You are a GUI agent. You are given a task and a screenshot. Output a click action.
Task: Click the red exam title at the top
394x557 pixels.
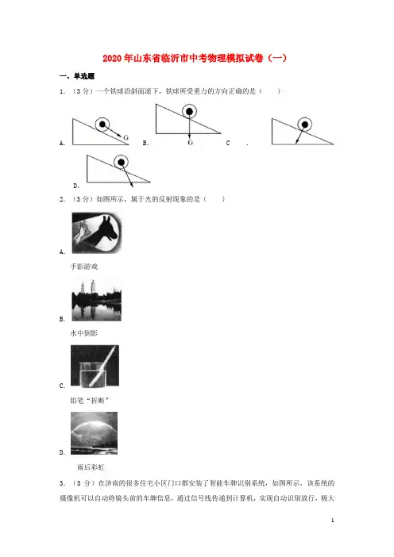[x=195, y=58]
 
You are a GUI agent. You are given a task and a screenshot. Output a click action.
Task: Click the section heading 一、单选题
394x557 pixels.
[x=77, y=76]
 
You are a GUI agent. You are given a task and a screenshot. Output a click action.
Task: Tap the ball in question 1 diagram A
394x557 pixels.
[x=102, y=125]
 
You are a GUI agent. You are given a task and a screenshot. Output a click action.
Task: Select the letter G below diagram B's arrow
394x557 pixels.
[x=190, y=143]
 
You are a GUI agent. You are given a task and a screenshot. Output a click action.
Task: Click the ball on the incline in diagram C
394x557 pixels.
[x=305, y=125]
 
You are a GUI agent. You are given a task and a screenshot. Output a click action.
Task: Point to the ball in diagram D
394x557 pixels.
[x=122, y=163]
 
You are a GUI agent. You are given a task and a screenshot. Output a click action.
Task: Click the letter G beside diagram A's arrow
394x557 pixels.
[x=126, y=137]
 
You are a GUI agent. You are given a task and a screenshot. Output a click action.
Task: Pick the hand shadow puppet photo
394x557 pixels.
[x=97, y=232]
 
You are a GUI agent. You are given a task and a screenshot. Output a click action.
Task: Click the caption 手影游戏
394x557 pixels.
[x=84, y=267]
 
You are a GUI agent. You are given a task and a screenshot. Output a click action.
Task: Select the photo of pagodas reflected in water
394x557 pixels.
[x=96, y=300]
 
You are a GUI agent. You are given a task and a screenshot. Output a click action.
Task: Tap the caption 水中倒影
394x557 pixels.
[x=84, y=333]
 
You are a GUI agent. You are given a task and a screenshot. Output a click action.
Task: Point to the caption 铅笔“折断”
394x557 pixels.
[x=89, y=401]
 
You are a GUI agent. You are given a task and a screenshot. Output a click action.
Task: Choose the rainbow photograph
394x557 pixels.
[x=95, y=433]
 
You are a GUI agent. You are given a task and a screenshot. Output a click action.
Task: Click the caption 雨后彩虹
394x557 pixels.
[x=91, y=467]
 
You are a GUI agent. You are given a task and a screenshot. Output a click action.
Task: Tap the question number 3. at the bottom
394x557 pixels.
[x=62, y=483]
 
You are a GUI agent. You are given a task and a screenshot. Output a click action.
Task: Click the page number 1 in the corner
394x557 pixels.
[x=333, y=521]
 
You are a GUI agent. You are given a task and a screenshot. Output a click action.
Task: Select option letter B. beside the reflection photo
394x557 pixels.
[x=62, y=319]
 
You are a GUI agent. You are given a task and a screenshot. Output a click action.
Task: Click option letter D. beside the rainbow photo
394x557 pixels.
[x=62, y=452]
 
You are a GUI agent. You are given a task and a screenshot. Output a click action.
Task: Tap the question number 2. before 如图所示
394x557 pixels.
[x=62, y=199]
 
